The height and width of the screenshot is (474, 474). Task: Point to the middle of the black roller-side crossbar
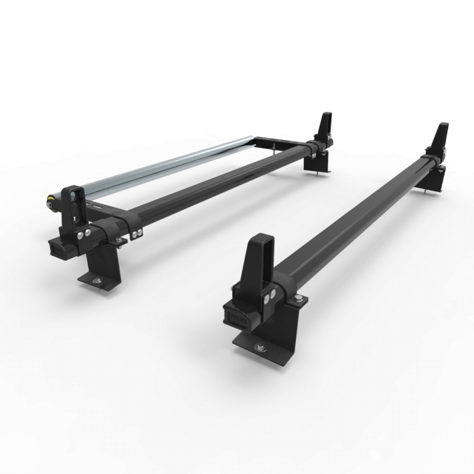225,184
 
